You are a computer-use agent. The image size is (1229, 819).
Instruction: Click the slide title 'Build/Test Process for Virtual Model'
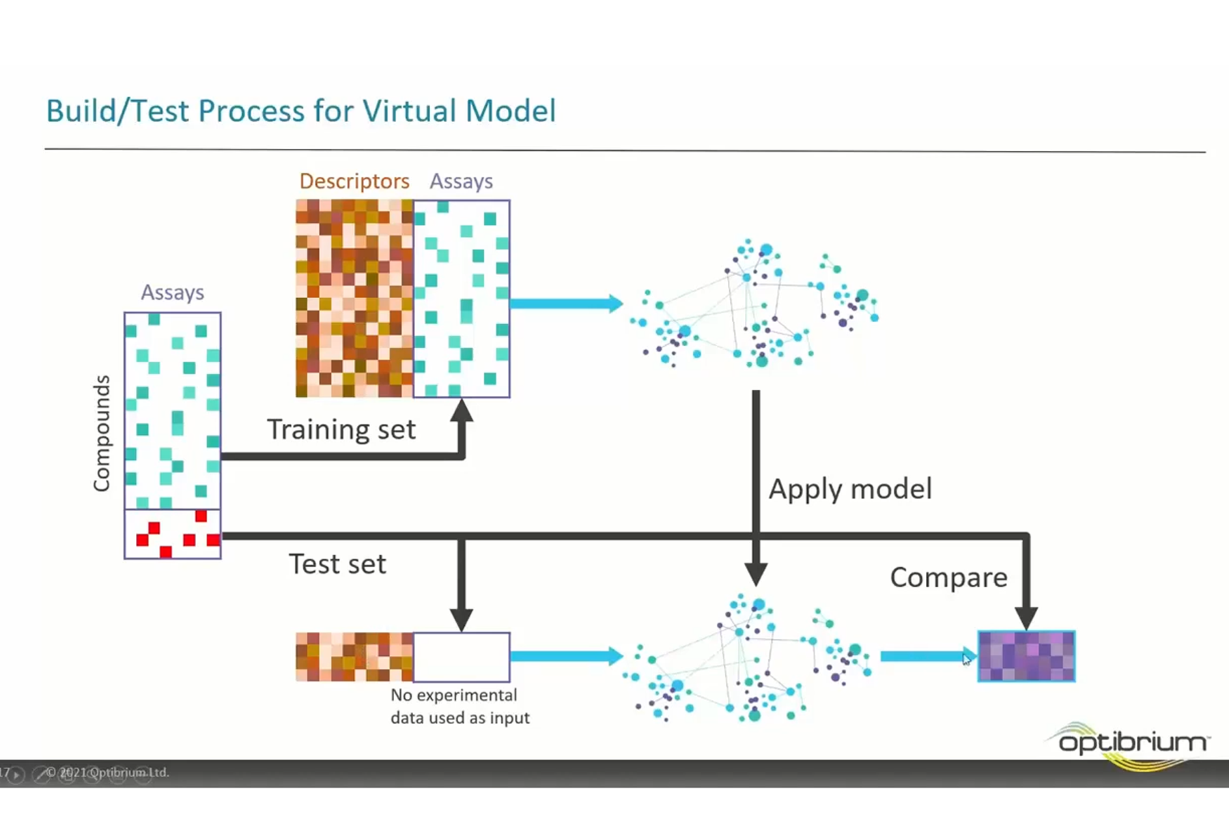[x=300, y=111]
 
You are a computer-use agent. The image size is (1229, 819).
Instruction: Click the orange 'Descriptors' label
[x=354, y=181]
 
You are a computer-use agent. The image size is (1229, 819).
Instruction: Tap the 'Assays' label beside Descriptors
[x=461, y=181]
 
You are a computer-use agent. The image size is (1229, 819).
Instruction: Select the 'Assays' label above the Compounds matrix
[x=172, y=292]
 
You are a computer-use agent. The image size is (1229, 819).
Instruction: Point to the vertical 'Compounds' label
[x=102, y=433]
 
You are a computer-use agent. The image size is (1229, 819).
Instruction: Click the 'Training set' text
[x=341, y=429]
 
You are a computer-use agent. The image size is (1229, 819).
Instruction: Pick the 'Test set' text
[x=337, y=564]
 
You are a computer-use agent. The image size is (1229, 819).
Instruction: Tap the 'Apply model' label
[x=850, y=489]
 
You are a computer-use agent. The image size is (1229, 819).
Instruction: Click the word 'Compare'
[x=948, y=577]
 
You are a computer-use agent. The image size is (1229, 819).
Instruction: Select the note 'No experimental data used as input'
[x=460, y=706]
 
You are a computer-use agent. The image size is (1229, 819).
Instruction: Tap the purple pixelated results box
[x=1026, y=657]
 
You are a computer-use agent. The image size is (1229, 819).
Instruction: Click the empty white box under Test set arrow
[x=462, y=657]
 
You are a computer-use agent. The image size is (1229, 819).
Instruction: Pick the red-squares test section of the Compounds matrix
[x=172, y=534]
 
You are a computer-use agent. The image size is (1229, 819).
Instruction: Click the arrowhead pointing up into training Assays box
[x=462, y=412]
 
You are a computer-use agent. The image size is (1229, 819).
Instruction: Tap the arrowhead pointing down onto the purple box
[x=1026, y=617]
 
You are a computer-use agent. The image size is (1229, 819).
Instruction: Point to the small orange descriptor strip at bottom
[x=354, y=657]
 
